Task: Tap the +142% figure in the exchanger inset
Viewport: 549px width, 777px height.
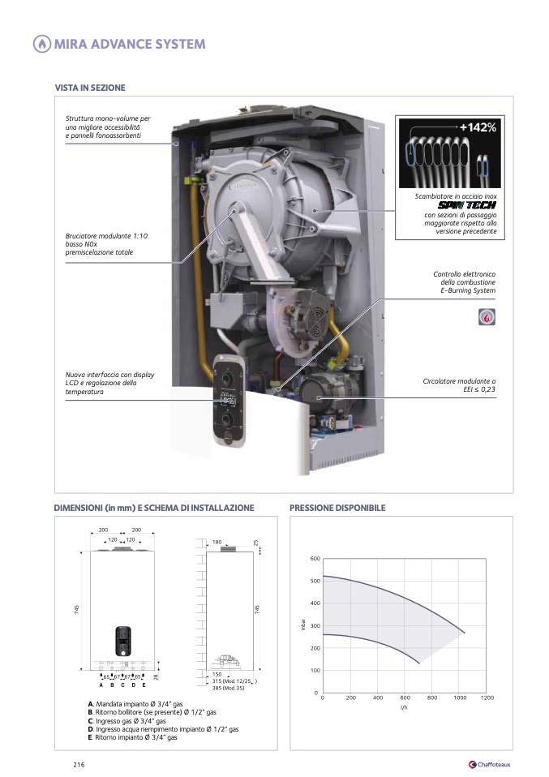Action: click(x=478, y=127)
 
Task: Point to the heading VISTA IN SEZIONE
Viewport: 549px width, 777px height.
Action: click(x=90, y=88)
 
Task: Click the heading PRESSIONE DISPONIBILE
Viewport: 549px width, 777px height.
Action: click(x=337, y=508)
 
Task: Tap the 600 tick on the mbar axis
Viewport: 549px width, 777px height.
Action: click(x=315, y=559)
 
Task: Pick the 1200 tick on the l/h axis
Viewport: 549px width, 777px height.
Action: click(x=487, y=698)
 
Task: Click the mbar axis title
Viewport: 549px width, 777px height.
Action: click(x=302, y=626)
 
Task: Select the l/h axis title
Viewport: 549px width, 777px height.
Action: click(x=404, y=707)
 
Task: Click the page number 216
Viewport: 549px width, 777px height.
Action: click(x=79, y=764)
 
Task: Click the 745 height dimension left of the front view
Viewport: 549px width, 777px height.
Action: click(x=77, y=610)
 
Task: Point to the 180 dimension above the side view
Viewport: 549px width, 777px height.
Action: click(x=217, y=542)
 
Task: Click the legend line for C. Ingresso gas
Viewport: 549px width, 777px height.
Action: click(x=127, y=720)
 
